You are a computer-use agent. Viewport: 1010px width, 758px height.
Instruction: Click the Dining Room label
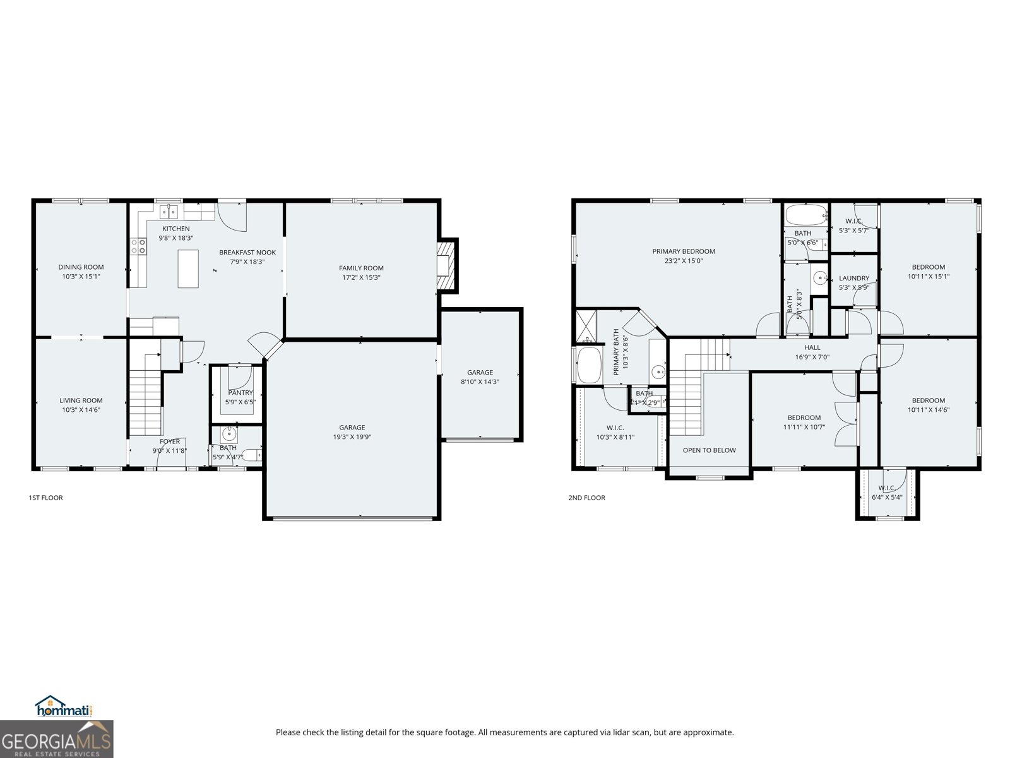pyautogui.click(x=81, y=267)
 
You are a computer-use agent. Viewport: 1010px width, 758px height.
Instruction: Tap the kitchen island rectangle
pyautogui.click(x=188, y=268)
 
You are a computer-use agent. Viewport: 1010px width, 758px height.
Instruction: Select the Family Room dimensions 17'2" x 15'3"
pyautogui.click(x=361, y=277)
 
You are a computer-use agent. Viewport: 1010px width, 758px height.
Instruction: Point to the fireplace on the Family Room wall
pyautogui.click(x=446, y=265)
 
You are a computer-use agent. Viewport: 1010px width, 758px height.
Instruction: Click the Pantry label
pyautogui.click(x=240, y=393)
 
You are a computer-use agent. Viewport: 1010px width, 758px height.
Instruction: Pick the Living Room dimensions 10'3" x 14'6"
pyautogui.click(x=81, y=410)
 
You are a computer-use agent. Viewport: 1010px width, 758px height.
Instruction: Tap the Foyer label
pyautogui.click(x=169, y=442)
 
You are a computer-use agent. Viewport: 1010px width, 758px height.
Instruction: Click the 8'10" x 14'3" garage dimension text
pyautogui.click(x=480, y=382)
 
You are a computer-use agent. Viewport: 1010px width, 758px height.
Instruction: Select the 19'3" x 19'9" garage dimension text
pyautogui.click(x=352, y=436)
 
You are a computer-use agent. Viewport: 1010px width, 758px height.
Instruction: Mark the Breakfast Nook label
pyautogui.click(x=247, y=252)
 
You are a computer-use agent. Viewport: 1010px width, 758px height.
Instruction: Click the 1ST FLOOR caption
pyautogui.click(x=45, y=498)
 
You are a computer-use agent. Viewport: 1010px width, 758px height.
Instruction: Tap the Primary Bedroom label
pyautogui.click(x=684, y=251)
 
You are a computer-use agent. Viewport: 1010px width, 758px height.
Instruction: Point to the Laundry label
pyautogui.click(x=853, y=278)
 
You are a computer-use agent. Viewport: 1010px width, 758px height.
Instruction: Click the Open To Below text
pyautogui.click(x=709, y=450)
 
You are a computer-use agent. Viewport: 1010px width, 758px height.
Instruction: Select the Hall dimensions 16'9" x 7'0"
pyautogui.click(x=812, y=357)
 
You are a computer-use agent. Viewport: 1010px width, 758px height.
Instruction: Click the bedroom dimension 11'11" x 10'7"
pyautogui.click(x=804, y=427)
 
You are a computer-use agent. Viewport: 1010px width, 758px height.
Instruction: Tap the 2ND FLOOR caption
pyautogui.click(x=586, y=498)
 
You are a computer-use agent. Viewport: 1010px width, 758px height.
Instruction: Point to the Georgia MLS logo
pyautogui.click(x=56, y=740)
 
